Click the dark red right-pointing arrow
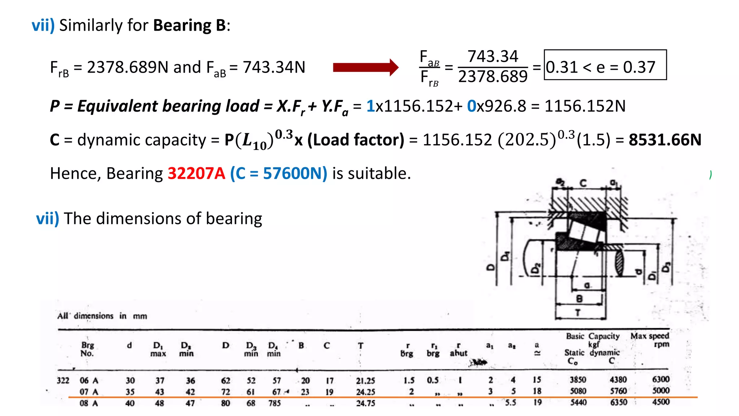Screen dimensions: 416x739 365,67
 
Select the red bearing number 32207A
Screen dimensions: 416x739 196,173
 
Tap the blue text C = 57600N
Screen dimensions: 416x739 279,173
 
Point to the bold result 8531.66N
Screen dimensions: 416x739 665,140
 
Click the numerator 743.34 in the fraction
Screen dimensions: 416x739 493,57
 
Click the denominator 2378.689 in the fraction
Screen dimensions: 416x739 493,77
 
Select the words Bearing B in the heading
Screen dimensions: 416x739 189,25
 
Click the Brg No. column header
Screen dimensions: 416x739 87,349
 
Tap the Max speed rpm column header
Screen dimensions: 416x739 650,340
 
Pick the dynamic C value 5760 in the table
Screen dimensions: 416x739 618,391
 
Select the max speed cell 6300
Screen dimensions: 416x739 660,380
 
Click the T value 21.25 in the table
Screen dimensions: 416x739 365,381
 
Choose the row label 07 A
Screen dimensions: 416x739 89,392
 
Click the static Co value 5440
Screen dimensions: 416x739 578,402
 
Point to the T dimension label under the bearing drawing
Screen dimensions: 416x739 578,313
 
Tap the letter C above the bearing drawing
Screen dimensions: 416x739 583,183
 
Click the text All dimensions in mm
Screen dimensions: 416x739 102,316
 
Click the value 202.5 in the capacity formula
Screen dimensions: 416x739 527,140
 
